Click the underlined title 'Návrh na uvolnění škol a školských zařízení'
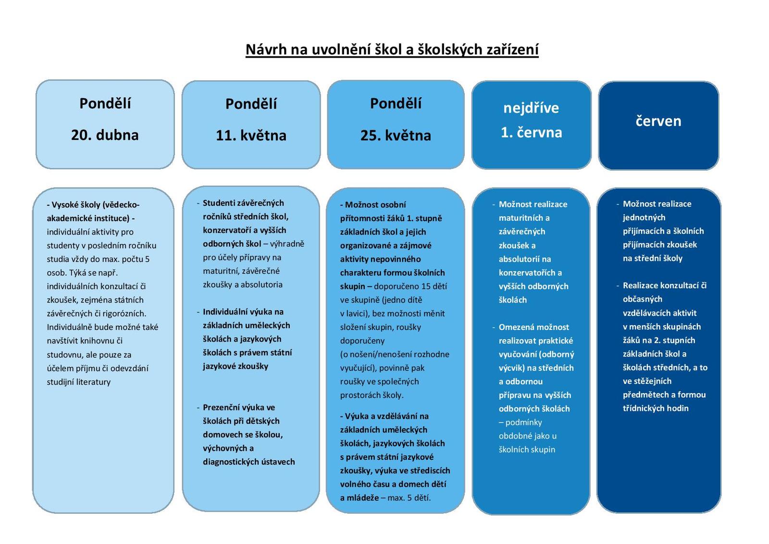coord(392,50)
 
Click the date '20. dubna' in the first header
coord(105,135)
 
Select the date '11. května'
coord(251,135)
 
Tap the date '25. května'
coord(396,135)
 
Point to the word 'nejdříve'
coord(531,108)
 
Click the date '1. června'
coord(532,132)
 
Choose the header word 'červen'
coord(658,121)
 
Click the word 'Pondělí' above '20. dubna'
coord(105,103)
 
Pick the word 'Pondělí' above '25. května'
coord(396,103)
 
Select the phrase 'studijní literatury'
coord(79,382)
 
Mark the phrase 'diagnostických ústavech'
coord(248,462)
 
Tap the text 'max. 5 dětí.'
coord(409,498)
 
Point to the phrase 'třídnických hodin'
coord(656,408)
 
